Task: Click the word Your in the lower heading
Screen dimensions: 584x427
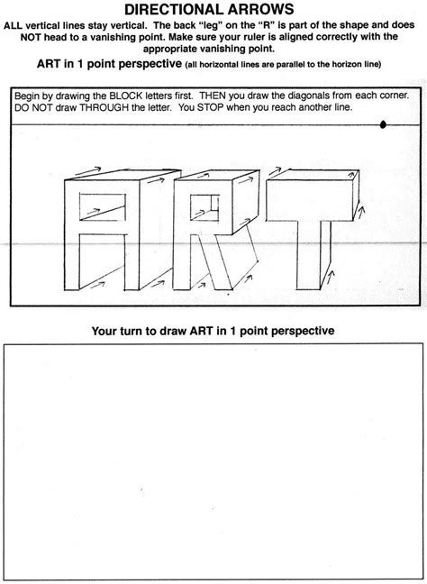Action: coord(104,332)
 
